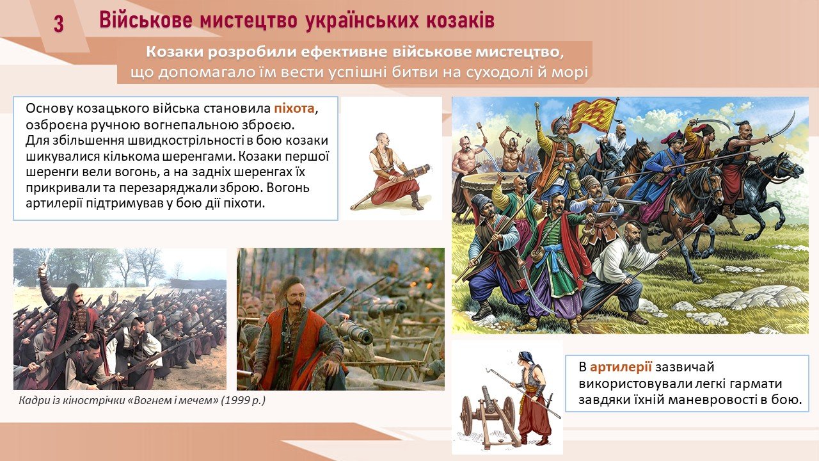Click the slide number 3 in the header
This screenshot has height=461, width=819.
click(x=59, y=24)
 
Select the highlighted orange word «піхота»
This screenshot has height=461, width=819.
click(x=294, y=109)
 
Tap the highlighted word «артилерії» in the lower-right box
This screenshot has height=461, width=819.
click(x=621, y=367)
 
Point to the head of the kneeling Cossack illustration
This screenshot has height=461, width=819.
click(x=382, y=139)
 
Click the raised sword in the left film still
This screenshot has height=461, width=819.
click(x=45, y=259)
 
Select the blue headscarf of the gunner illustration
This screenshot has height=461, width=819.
click(x=525, y=355)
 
